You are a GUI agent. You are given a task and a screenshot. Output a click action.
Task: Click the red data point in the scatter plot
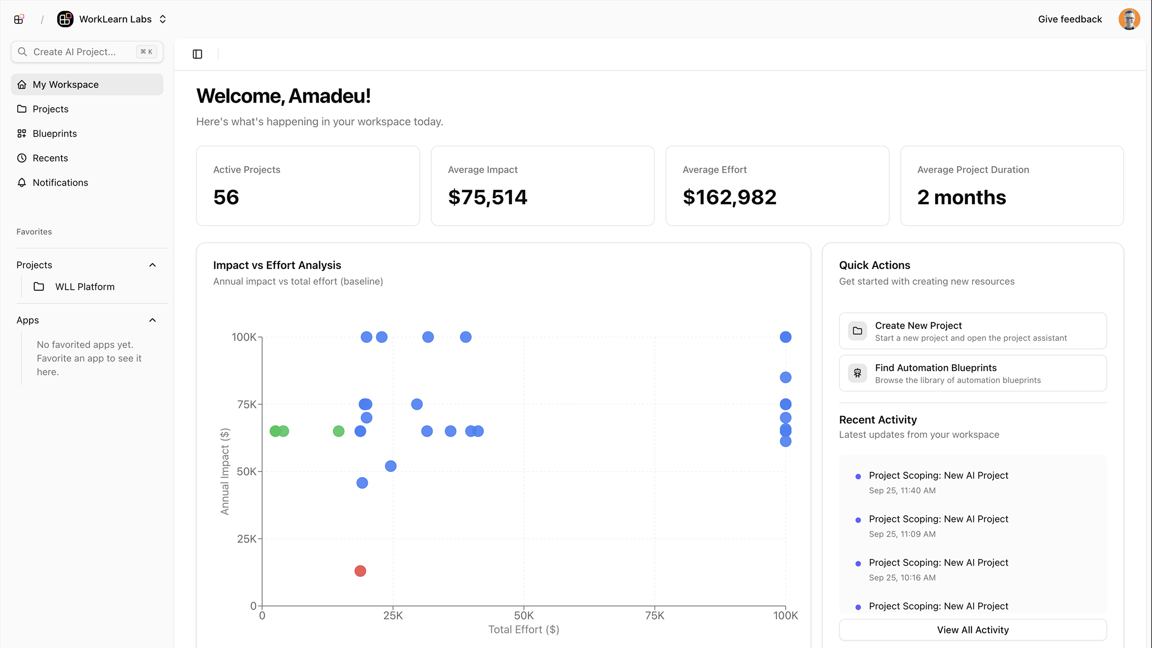point(360,571)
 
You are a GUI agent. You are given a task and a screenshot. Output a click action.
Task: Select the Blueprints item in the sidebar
point(54,134)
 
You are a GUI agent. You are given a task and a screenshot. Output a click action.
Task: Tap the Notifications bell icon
point(22,182)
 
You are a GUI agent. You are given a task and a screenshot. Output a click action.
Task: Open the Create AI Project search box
point(87,52)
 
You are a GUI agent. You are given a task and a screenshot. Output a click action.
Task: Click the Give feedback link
point(1070,19)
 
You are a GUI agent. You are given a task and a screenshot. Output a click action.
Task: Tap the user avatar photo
point(1129,19)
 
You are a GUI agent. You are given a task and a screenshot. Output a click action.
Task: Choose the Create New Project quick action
point(972,331)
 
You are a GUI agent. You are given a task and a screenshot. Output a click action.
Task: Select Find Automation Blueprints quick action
point(972,373)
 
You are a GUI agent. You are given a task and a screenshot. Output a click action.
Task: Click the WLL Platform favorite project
point(85,287)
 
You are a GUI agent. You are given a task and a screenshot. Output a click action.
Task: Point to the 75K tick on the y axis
point(247,404)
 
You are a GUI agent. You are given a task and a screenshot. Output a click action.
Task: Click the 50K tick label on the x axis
point(523,616)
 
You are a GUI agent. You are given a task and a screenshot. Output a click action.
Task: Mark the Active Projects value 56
point(226,197)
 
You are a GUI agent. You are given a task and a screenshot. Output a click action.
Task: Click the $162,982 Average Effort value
point(729,197)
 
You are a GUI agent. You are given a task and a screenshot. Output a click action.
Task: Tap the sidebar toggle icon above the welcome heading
point(198,54)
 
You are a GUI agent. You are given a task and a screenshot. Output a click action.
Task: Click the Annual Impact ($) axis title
point(225,471)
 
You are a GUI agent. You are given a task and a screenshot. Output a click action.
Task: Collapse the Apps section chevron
point(153,320)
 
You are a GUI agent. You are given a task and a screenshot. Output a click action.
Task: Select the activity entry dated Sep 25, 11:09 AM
point(938,526)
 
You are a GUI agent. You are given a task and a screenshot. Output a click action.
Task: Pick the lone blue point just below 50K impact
point(362,483)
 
